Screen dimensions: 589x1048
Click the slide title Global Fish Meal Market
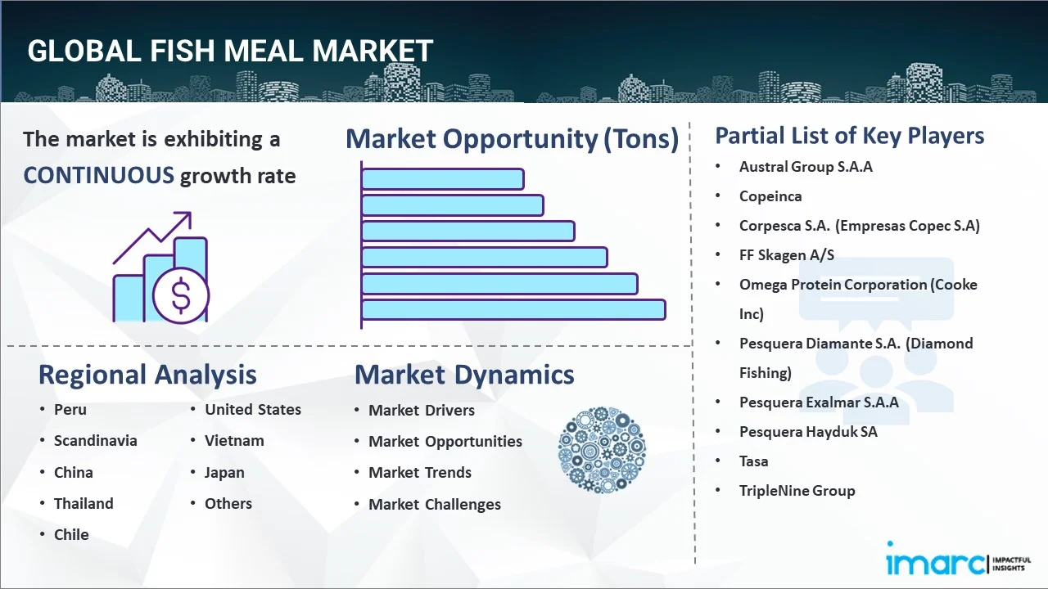(230, 51)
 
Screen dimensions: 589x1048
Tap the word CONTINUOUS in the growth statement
(98, 175)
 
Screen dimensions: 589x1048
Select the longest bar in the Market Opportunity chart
(513, 310)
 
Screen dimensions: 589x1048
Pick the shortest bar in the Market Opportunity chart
(442, 178)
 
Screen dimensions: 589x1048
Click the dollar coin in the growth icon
(181, 295)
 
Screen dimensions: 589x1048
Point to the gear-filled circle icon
(602, 450)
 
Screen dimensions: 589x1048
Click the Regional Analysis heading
(147, 375)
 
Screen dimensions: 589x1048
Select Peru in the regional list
(70, 410)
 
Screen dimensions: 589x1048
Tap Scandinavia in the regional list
(96, 441)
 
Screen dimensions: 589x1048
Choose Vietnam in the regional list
(234, 441)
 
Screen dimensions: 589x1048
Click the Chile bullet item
(71, 535)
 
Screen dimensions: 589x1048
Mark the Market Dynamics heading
(464, 375)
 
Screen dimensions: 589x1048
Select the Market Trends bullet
(420, 473)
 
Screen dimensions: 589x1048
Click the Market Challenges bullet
(435, 505)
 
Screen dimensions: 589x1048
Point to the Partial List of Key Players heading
(850, 135)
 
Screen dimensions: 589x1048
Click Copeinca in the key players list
(770, 196)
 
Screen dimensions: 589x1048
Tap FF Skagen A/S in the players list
(787, 255)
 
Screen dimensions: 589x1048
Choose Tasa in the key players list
(754, 461)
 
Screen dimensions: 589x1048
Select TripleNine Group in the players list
(797, 491)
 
